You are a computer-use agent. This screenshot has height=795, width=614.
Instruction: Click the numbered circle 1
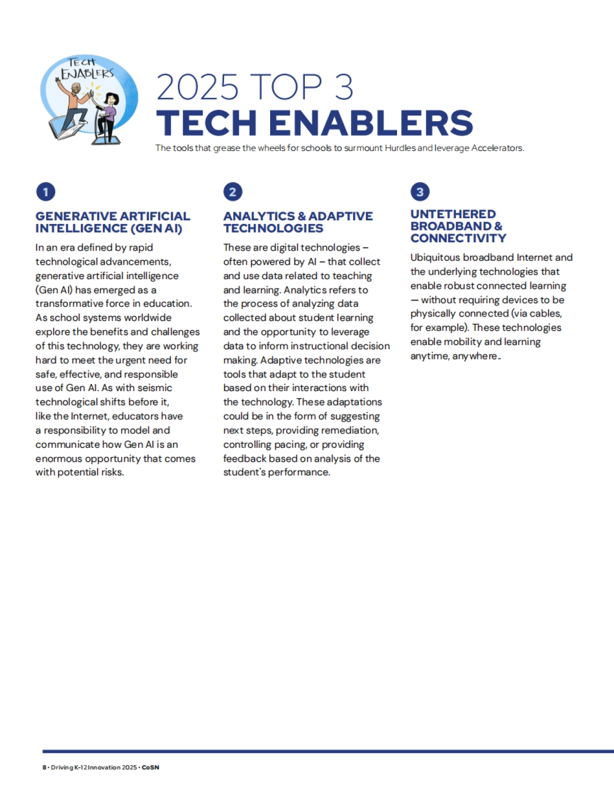point(46,192)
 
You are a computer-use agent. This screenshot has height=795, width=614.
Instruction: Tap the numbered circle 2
point(233,192)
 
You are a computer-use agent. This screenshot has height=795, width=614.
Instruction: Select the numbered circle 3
point(420,192)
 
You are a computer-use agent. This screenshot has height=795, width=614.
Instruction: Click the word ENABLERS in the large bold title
point(371,123)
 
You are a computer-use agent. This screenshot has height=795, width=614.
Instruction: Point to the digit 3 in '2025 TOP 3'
point(344,87)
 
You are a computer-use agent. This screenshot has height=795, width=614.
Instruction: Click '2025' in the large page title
point(198,87)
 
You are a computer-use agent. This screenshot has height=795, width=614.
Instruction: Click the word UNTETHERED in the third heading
point(453,214)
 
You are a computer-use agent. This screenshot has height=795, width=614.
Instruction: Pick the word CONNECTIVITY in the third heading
point(458,238)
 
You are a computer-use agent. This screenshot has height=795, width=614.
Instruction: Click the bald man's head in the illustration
point(75,90)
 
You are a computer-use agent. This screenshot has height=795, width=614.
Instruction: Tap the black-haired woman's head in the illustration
point(111,98)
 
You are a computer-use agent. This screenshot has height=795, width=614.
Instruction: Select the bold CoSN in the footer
point(150,767)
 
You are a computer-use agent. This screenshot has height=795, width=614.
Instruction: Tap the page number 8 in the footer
point(44,767)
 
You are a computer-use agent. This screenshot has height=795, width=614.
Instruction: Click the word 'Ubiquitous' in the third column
point(435,258)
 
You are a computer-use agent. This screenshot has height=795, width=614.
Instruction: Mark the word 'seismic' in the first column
point(155,388)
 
